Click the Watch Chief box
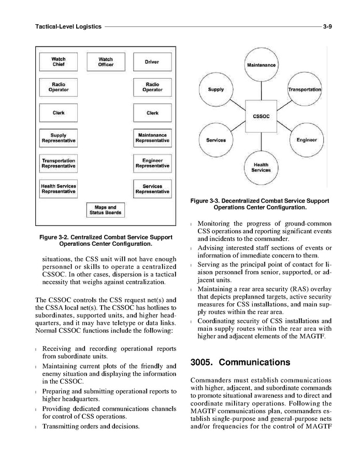(58, 62)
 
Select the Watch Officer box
(106, 62)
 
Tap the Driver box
(152, 62)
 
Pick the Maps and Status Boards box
(106, 210)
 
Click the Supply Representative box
(58, 138)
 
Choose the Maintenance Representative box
(152, 138)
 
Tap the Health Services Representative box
(58, 188)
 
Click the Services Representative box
(152, 188)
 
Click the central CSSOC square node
(261, 116)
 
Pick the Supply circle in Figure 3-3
(216, 89)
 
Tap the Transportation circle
(305, 89)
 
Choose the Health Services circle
(261, 167)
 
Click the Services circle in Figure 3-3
(216, 140)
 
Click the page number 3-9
(327, 26)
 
